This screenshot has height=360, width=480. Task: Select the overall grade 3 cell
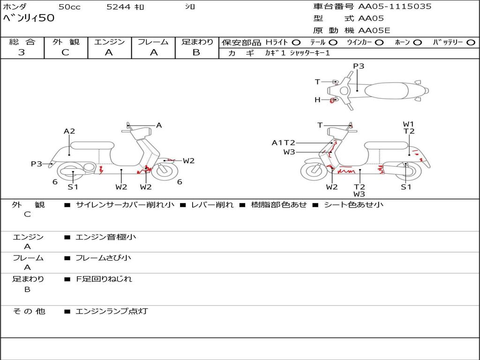(x=22, y=52)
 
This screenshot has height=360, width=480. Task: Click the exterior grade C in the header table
(x=65, y=52)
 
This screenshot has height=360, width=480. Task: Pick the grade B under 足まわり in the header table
(x=196, y=52)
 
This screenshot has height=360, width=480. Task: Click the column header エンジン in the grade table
(x=109, y=42)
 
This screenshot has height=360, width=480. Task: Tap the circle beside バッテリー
(x=471, y=42)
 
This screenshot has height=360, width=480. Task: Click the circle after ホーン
(x=418, y=42)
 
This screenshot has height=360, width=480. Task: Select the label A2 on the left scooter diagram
(x=69, y=131)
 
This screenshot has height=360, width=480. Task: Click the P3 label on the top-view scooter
(x=359, y=66)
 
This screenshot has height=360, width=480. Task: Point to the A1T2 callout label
(x=284, y=142)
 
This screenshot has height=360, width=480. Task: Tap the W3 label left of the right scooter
(x=289, y=152)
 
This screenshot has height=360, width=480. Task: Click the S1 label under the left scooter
(x=73, y=187)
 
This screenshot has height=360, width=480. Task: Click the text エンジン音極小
(x=106, y=237)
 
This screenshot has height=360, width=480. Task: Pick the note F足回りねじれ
(x=104, y=279)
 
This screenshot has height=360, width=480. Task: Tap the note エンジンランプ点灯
(x=112, y=311)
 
